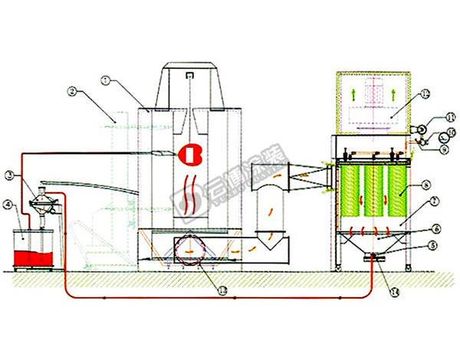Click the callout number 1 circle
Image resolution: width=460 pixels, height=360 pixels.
click(x=105, y=77)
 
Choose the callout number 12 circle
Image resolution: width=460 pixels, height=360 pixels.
click(x=426, y=95)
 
